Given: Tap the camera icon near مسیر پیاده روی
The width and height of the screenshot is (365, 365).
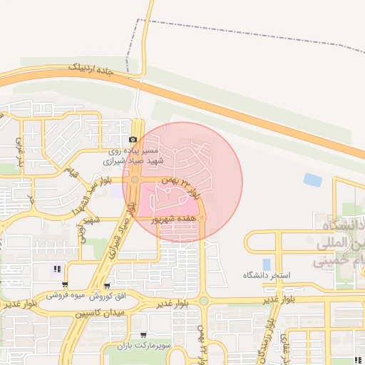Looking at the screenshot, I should click(x=133, y=140).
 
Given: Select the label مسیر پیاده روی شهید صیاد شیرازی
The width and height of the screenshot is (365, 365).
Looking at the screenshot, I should click(x=132, y=157).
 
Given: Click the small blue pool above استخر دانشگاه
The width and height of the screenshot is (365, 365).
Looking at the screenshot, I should click(x=267, y=264).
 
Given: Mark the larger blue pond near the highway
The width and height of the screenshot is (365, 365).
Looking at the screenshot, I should click(x=312, y=180).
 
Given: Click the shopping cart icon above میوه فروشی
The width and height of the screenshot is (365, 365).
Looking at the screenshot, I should click(x=65, y=284).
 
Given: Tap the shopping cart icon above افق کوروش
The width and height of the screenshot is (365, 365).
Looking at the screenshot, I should click(x=107, y=285).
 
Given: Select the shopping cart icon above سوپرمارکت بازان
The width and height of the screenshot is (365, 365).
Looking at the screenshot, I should click(x=143, y=334).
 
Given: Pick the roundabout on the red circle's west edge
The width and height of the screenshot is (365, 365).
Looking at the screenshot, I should click(x=135, y=183).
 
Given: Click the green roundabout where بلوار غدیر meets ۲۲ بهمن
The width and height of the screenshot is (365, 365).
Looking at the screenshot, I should click(x=204, y=302).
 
